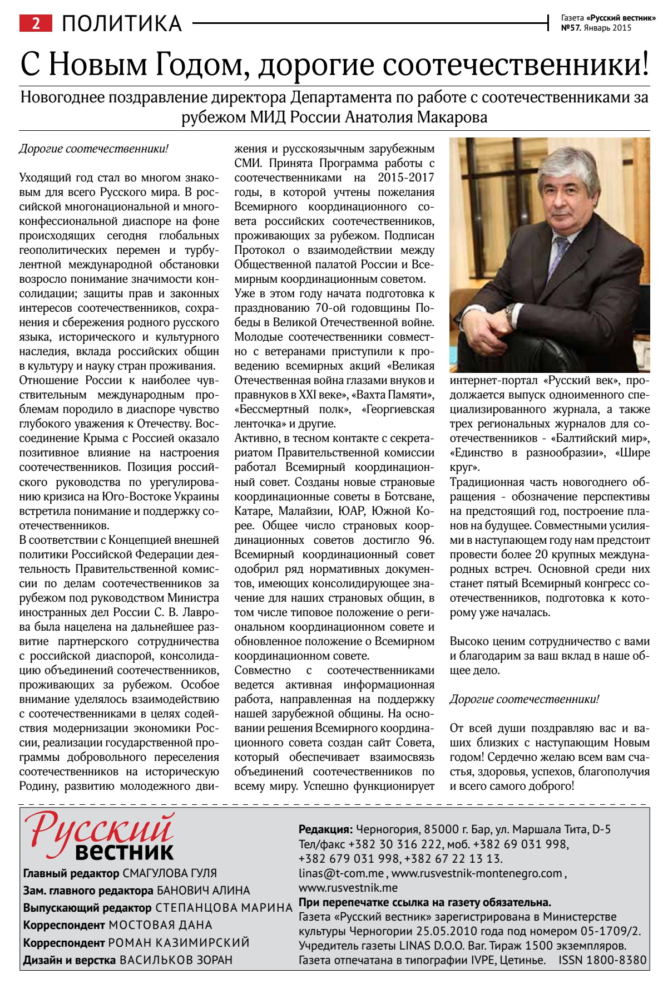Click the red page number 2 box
pyautogui.click(x=36, y=23)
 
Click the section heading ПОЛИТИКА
pyautogui.click(x=122, y=23)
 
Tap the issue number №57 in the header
pyautogui.click(x=571, y=28)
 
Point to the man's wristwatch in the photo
pyautogui.click(x=510, y=315)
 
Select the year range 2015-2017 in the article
pyautogui.click(x=406, y=178)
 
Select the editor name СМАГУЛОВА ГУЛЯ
pyautogui.click(x=170, y=873)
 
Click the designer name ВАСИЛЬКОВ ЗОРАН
pyautogui.click(x=176, y=960)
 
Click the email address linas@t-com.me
pyautogui.click(x=341, y=873)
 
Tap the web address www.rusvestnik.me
pyautogui.click(x=348, y=888)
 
